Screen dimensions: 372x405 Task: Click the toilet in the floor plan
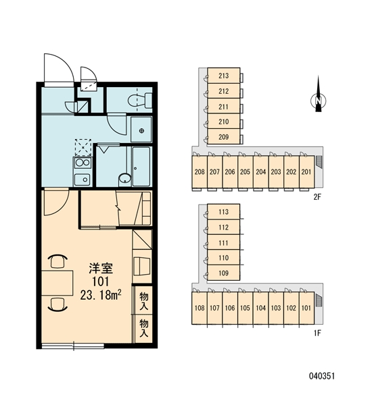(x=140, y=100)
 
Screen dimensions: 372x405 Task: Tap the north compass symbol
(x=318, y=100)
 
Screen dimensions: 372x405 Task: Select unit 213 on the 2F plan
(x=224, y=76)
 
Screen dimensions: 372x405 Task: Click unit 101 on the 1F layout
(x=306, y=308)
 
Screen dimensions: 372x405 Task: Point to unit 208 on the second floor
(x=200, y=171)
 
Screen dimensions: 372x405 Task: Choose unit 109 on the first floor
(x=224, y=273)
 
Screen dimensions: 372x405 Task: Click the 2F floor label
(x=317, y=197)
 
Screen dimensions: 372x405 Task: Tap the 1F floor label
(x=317, y=333)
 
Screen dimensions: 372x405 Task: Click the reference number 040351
(x=322, y=376)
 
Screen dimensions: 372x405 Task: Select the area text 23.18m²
(x=101, y=295)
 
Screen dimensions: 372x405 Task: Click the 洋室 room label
(x=101, y=269)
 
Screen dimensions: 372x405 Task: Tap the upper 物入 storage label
(x=143, y=301)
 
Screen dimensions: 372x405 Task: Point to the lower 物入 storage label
(x=143, y=328)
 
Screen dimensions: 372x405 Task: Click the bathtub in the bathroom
(x=141, y=166)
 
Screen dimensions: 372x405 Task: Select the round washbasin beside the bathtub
(x=125, y=178)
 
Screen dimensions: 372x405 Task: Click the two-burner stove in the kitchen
(x=83, y=163)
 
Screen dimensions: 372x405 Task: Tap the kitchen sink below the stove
(x=83, y=180)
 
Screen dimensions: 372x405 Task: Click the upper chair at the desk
(x=57, y=261)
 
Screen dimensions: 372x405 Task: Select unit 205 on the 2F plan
(x=245, y=171)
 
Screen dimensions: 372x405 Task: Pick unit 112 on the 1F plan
(x=224, y=227)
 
